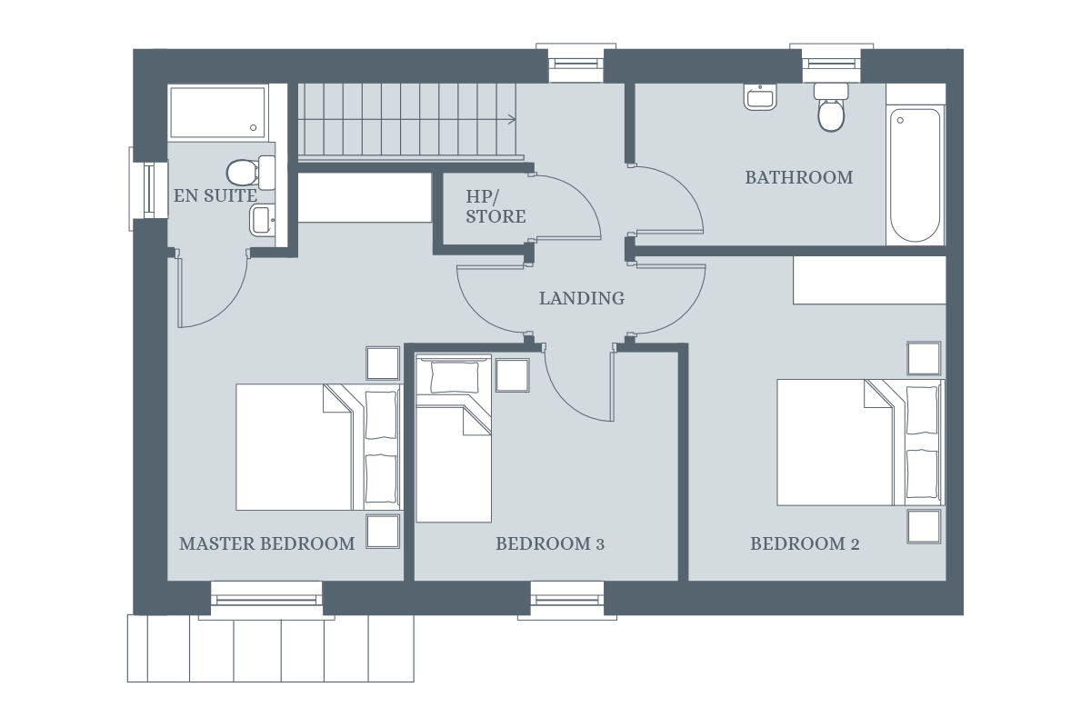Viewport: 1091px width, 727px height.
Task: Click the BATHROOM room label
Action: pyautogui.click(x=798, y=177)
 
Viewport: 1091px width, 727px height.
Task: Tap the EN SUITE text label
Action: pyautogui.click(x=215, y=195)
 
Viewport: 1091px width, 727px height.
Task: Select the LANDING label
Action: pyautogui.click(x=582, y=298)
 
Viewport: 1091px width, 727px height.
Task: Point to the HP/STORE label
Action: pyautogui.click(x=495, y=206)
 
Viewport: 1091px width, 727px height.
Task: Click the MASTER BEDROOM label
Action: pyautogui.click(x=266, y=543)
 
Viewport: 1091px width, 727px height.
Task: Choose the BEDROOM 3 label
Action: pyautogui.click(x=550, y=543)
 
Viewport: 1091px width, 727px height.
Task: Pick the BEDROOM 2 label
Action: pyautogui.click(x=805, y=543)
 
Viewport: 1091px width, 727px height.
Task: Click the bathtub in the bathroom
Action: pyautogui.click(x=915, y=174)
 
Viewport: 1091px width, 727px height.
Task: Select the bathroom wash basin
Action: pyautogui.click(x=760, y=95)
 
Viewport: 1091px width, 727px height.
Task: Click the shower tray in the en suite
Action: pyautogui.click(x=217, y=112)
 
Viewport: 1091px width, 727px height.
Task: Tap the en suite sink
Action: pyautogui.click(x=262, y=219)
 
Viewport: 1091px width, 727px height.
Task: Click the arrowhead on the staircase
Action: pyautogui.click(x=512, y=119)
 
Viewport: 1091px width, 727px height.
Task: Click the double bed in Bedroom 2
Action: pyautogui.click(x=859, y=442)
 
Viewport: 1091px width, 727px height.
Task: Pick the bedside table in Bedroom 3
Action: pyautogui.click(x=512, y=375)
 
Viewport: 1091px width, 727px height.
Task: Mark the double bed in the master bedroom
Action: pyautogui.click(x=316, y=446)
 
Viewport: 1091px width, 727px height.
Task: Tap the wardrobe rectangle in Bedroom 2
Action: pyautogui.click(x=869, y=280)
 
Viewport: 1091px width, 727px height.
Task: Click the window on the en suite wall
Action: pyautogui.click(x=150, y=189)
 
